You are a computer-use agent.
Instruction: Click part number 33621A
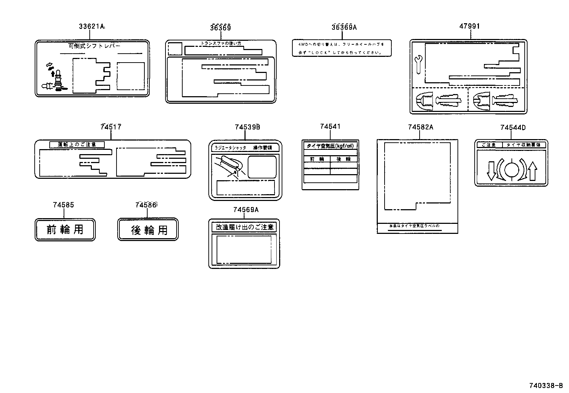(91, 26)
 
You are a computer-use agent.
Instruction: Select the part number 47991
(469, 26)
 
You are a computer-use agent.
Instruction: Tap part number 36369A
(343, 27)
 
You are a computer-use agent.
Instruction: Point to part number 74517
(110, 127)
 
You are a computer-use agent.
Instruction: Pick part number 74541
(330, 127)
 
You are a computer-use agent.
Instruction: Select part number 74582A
(420, 127)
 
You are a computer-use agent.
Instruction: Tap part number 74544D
(513, 128)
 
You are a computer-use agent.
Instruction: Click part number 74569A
(246, 210)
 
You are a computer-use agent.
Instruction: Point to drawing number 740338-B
(546, 386)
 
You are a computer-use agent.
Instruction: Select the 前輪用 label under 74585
(65, 230)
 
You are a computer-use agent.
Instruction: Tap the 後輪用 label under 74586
(148, 230)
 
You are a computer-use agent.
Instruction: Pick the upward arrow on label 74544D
(533, 171)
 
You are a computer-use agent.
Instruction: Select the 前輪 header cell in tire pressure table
(317, 159)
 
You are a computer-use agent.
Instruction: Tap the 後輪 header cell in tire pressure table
(343, 159)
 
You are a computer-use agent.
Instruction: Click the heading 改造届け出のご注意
(244, 227)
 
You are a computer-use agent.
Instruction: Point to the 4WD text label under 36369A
(342, 48)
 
